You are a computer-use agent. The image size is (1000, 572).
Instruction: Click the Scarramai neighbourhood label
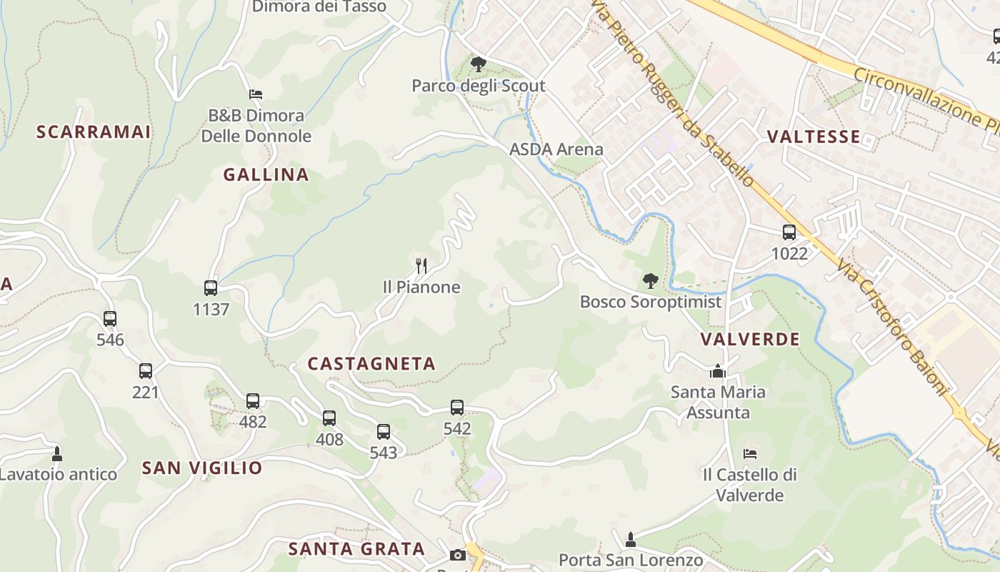(x=94, y=132)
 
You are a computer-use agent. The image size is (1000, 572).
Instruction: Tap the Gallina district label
(x=266, y=174)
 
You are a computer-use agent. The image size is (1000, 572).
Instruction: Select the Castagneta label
(x=371, y=364)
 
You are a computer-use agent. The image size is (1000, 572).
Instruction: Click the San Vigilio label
(x=202, y=468)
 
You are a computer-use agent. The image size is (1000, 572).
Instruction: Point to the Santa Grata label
(x=356, y=549)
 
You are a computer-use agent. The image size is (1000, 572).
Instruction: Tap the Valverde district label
(x=750, y=340)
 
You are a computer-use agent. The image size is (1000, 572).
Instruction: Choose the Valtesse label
(x=813, y=137)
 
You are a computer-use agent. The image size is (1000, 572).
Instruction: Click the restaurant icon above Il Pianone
(x=421, y=267)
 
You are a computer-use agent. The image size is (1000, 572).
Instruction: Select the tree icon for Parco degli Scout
(x=479, y=65)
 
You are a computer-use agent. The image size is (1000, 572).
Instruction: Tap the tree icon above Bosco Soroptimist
(x=650, y=281)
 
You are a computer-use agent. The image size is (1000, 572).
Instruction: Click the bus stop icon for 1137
(x=211, y=288)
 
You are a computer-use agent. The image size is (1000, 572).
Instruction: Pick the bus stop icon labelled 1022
(x=789, y=232)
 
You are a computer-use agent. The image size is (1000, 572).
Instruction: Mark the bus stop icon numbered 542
(x=457, y=408)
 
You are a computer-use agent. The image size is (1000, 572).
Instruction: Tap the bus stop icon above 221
(x=146, y=371)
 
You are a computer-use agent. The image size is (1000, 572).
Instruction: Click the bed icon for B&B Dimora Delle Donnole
(x=256, y=94)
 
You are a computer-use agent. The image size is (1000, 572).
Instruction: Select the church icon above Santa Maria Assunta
(x=718, y=371)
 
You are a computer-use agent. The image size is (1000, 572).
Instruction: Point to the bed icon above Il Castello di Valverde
(x=749, y=453)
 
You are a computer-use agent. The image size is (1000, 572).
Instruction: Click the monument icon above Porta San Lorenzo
(x=630, y=539)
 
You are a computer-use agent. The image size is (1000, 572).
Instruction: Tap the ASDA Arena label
(x=556, y=149)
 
